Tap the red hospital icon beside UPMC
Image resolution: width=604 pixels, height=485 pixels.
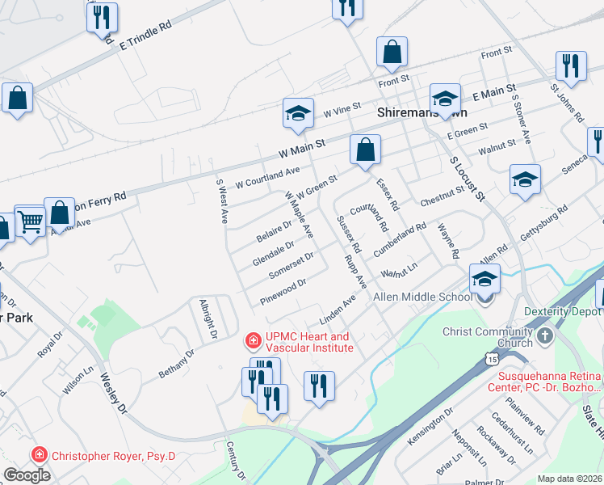(x=254, y=337)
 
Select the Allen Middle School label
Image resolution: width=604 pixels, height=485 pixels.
(x=422, y=297)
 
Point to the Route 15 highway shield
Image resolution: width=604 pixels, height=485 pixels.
(x=492, y=356)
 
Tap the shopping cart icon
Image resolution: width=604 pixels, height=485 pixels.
(x=30, y=220)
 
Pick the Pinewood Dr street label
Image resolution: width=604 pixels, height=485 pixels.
(x=283, y=293)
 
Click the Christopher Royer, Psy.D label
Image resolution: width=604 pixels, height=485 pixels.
(x=113, y=456)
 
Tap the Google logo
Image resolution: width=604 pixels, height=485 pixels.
(x=27, y=474)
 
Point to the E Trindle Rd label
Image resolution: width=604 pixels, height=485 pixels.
(x=146, y=36)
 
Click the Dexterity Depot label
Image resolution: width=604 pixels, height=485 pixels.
(x=562, y=311)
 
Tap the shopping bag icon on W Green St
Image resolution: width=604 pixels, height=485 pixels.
(x=365, y=150)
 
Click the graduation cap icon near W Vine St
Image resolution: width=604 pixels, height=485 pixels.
(x=298, y=113)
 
